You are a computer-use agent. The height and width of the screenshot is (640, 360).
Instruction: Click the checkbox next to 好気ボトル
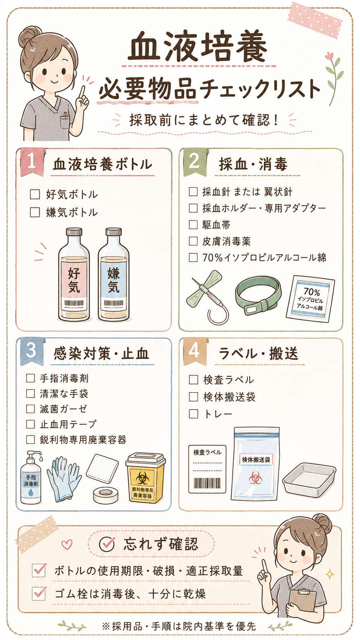tap(35, 194)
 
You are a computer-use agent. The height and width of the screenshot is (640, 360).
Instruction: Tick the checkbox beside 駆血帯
tap(193, 225)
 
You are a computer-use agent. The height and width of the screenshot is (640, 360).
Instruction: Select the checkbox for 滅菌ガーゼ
tap(31, 409)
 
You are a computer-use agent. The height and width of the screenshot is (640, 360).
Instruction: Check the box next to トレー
tap(194, 414)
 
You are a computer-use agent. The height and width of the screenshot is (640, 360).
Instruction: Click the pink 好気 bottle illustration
tap(74, 274)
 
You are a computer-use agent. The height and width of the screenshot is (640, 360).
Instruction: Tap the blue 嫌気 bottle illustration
tap(113, 274)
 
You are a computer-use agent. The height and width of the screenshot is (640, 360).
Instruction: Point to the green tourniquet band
tap(258, 295)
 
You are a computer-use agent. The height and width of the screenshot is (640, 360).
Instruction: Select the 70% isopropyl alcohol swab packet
tap(310, 299)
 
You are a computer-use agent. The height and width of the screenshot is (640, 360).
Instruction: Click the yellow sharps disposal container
tap(145, 478)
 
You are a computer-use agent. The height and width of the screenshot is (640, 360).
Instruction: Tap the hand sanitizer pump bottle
tap(31, 478)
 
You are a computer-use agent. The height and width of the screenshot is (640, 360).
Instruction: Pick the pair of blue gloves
tap(64, 479)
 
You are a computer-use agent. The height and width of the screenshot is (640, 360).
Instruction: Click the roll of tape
tap(106, 495)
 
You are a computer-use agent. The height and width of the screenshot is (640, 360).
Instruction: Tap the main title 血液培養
tap(197, 47)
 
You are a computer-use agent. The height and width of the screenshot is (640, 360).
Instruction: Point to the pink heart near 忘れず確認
tap(67, 544)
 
